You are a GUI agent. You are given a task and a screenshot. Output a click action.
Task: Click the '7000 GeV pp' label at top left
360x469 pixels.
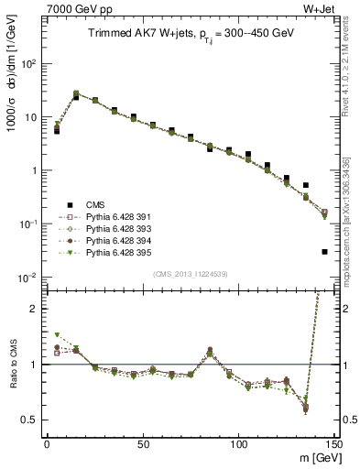coord(73,8)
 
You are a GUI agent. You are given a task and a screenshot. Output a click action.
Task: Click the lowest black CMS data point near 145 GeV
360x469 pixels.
coord(325,251)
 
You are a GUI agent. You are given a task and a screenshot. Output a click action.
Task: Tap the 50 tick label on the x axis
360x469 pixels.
coord(142,444)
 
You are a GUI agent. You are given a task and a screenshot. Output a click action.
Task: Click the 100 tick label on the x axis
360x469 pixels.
coord(238,444)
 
